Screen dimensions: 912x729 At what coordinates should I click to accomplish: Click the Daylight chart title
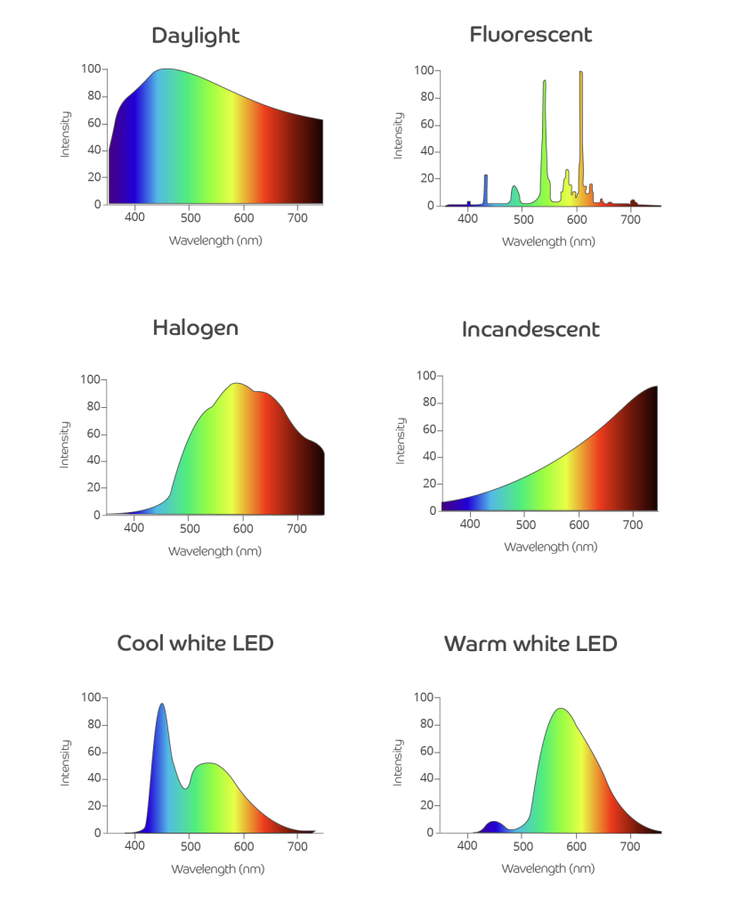195,36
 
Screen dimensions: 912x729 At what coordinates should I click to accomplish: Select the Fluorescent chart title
531,35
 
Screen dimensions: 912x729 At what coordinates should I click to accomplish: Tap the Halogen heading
195,327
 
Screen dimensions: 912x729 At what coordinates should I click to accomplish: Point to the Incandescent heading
531,330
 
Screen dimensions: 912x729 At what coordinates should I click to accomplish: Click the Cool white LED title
195,642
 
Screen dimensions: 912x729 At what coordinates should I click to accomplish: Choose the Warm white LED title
531,642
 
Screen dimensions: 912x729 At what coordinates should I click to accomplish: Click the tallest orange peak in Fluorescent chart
580,75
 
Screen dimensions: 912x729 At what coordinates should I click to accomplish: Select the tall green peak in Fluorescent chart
544,84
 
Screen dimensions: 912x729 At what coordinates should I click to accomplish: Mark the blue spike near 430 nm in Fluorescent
485,177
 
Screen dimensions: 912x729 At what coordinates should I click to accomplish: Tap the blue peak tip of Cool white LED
161,705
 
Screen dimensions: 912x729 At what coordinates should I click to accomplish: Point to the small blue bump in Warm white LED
494,823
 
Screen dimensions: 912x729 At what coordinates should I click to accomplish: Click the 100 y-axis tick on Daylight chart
91,69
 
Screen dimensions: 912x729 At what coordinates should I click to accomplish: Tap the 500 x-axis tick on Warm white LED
522,846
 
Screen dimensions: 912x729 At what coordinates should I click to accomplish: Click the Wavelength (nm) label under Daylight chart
215,240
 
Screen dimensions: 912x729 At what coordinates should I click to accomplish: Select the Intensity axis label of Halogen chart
65,445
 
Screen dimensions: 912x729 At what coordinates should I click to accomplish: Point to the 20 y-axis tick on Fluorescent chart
428,178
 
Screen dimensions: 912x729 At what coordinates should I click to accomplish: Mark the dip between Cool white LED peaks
185,788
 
